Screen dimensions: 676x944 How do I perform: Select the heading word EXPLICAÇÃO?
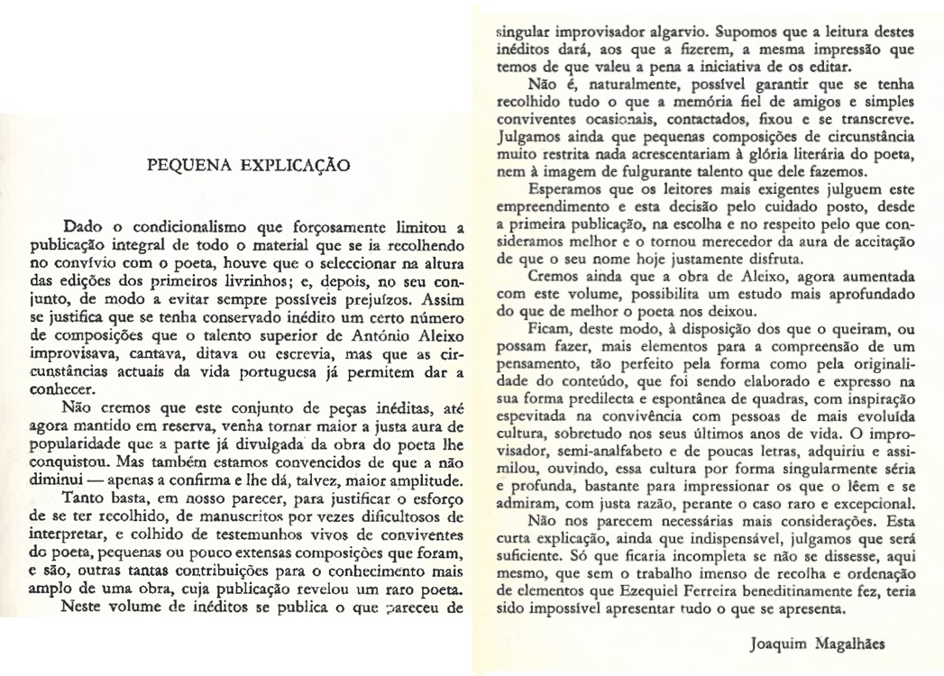point(292,165)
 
